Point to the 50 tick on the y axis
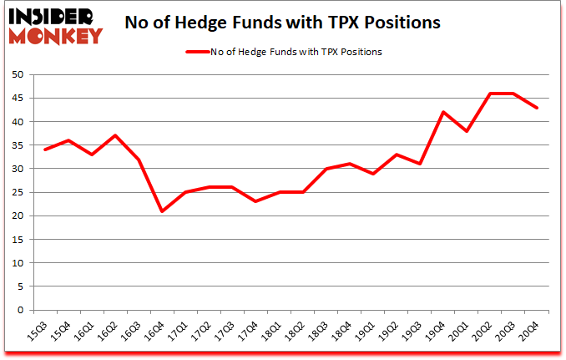pos(17,74)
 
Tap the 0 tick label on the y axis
pos(19,310)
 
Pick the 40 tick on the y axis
pos(17,122)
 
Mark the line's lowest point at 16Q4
pos(162,211)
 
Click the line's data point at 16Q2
pos(115,136)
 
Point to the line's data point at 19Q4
pos(444,112)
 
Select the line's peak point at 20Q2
pos(491,94)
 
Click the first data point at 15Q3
pos(44,150)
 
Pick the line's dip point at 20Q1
pos(467,131)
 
